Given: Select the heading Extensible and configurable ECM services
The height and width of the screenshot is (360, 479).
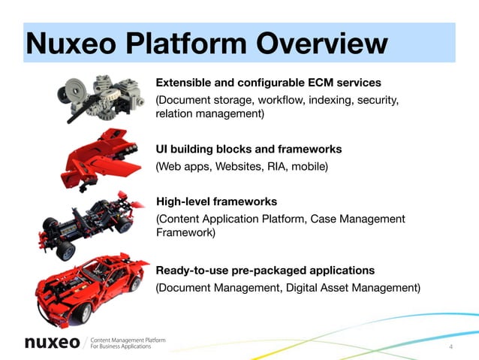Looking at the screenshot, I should click(268, 82).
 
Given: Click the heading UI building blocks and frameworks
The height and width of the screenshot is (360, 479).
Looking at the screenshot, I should click(248, 149).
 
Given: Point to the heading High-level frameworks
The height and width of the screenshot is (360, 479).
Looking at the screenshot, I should click(216, 201).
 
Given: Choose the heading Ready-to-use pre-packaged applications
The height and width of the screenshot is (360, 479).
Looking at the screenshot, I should click(265, 270).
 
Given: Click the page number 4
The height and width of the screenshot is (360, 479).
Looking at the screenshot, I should click(450, 346).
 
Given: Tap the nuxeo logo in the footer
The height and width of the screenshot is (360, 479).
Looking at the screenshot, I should click(52, 343).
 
